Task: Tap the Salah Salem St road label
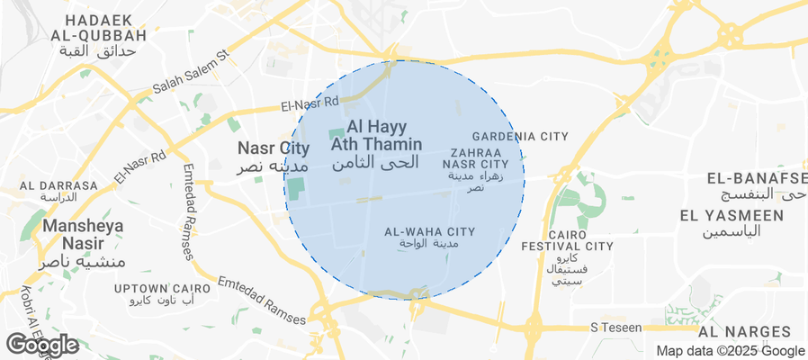coord(191,72)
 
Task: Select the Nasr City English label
coord(274,148)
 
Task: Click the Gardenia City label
coord(521,136)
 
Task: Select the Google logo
coord(41,343)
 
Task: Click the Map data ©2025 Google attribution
coord(730,350)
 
